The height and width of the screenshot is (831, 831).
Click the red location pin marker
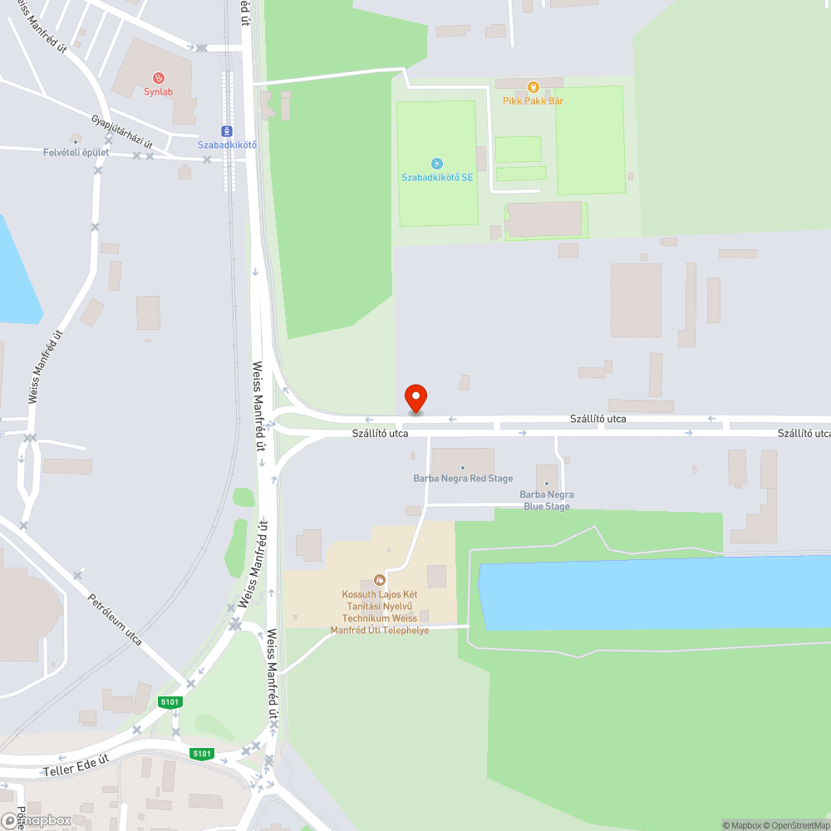click(x=415, y=398)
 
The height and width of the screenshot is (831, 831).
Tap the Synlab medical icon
click(x=158, y=79)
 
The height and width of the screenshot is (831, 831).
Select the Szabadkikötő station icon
click(x=226, y=131)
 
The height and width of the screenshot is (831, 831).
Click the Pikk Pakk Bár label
click(x=533, y=101)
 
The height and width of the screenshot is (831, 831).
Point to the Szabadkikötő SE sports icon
click(x=437, y=164)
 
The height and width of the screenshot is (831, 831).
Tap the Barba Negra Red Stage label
click(x=463, y=479)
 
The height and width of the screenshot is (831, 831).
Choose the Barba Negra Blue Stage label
click(x=547, y=500)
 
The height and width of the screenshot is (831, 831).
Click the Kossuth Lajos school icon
click(x=380, y=579)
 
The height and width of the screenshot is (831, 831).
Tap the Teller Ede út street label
click(x=76, y=765)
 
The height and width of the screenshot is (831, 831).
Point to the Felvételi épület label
click(x=76, y=152)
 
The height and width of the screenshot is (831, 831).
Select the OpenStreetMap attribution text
click(x=797, y=825)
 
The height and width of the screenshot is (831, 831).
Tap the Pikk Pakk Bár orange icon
click(x=533, y=86)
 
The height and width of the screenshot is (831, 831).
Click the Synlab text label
click(x=158, y=92)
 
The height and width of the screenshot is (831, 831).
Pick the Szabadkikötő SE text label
click(x=437, y=177)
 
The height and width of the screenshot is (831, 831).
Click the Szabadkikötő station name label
click(x=227, y=145)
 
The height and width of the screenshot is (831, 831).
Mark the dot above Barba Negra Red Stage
click(x=463, y=468)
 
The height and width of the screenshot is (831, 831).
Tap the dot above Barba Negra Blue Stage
click(x=547, y=484)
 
